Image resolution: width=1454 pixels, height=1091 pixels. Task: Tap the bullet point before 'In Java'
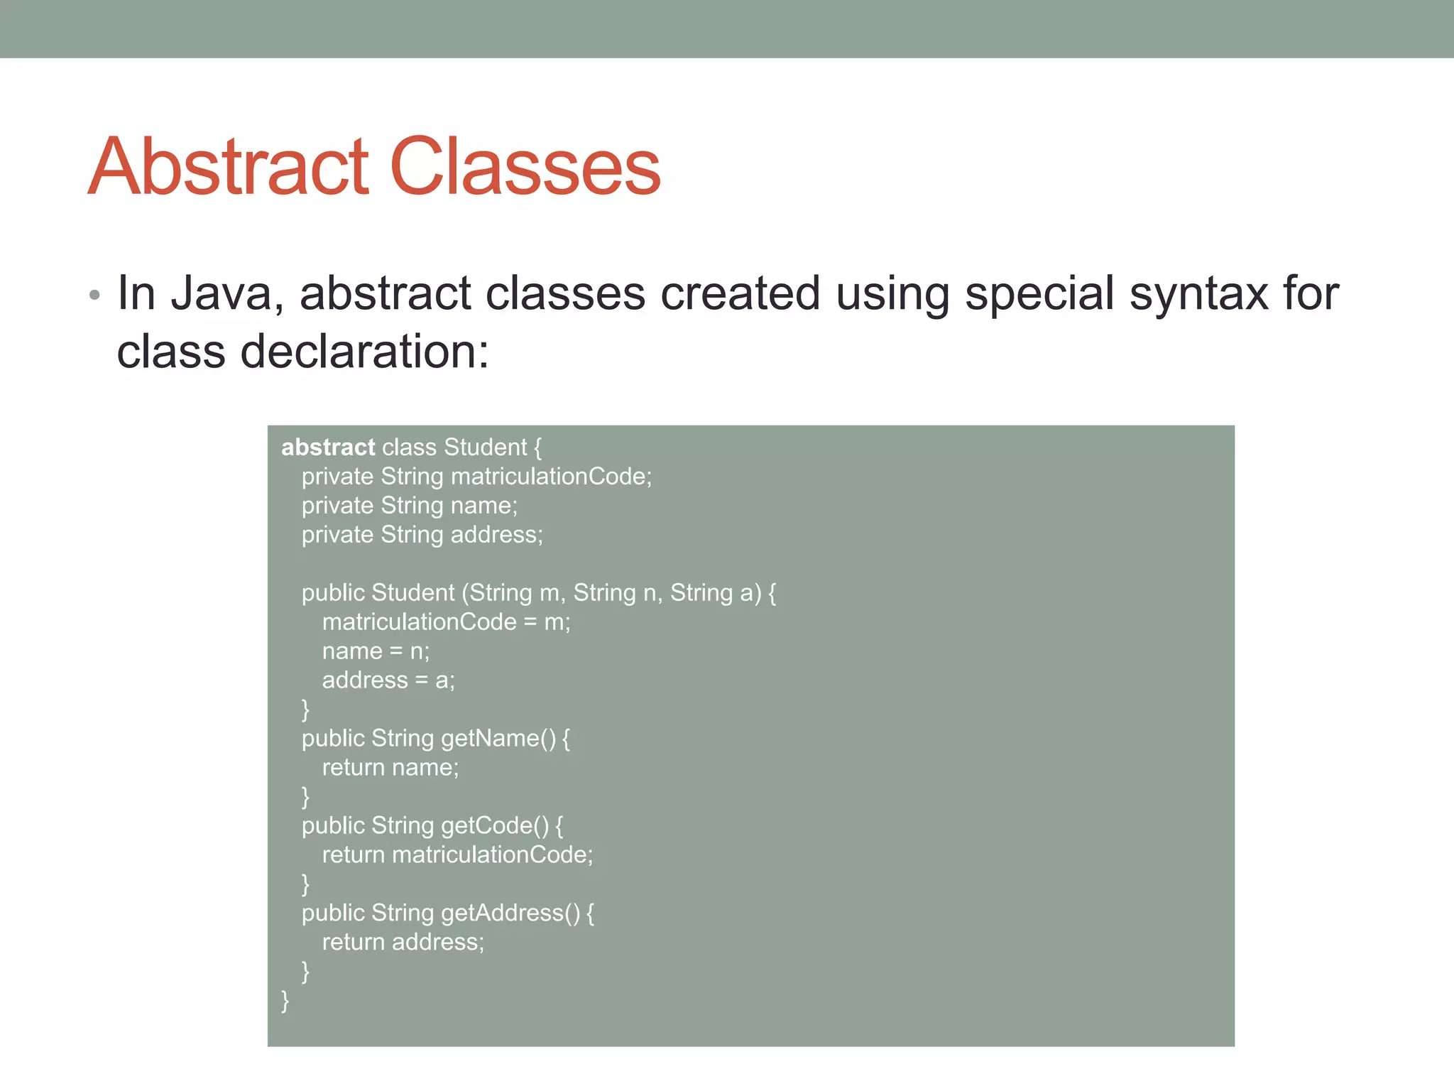pos(94,295)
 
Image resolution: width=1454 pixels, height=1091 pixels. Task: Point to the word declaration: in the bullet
pos(364,352)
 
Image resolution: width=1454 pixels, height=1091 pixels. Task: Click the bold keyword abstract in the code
pos(327,447)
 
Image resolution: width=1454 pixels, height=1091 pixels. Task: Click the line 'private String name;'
pos(410,506)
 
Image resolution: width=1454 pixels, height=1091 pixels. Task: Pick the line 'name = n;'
pos(376,651)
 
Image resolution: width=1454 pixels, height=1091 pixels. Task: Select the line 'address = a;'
pos(388,680)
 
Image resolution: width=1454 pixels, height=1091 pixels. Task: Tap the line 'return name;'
pos(390,768)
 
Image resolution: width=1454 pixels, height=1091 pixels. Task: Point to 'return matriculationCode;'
pos(457,855)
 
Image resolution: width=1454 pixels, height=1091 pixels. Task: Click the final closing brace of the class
pos(285,1001)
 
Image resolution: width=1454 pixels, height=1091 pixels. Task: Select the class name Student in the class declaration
pos(485,447)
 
